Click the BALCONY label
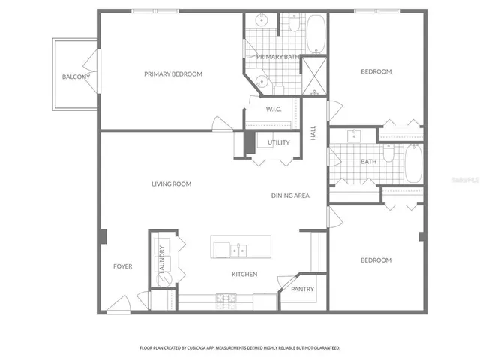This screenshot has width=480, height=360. (x=76, y=77)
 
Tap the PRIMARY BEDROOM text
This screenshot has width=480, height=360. (x=173, y=73)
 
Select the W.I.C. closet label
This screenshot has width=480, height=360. (x=274, y=109)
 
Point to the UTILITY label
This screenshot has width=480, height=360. (x=279, y=142)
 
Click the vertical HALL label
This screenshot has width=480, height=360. (x=314, y=133)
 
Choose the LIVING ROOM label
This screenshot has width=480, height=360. (x=171, y=184)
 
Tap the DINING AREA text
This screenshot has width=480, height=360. (x=290, y=196)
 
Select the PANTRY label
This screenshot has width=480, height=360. (x=303, y=289)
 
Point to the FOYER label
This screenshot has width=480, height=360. (x=123, y=266)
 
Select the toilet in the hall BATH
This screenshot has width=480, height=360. (x=388, y=153)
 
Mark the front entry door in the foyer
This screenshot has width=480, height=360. (x=117, y=305)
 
